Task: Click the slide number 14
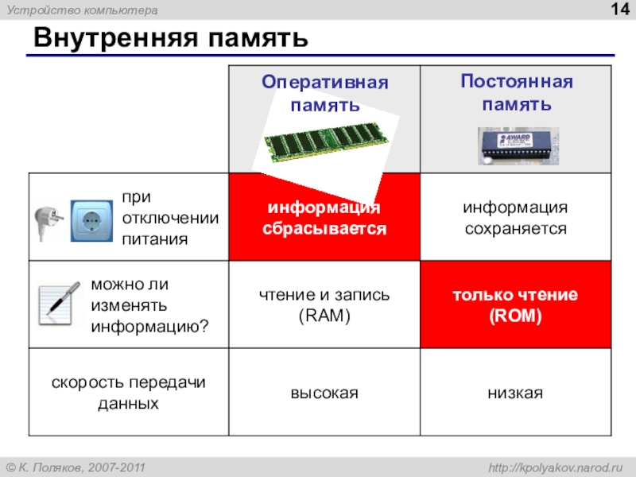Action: [x=620, y=9]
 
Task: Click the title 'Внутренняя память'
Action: [x=171, y=37]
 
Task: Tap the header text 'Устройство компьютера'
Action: [x=83, y=10]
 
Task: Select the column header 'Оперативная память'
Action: [x=325, y=93]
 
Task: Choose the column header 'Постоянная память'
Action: [x=516, y=92]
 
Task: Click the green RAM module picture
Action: [x=326, y=142]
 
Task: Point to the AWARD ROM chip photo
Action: [x=518, y=146]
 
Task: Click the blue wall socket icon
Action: [x=91, y=221]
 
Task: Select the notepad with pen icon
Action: [x=59, y=304]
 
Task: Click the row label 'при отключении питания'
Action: [x=170, y=218]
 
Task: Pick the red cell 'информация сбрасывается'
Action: [x=324, y=217]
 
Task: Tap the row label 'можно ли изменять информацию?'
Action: [x=149, y=305]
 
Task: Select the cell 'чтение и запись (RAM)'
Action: [x=324, y=305]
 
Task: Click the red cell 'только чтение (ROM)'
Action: [x=515, y=304]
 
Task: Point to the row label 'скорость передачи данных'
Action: [x=129, y=393]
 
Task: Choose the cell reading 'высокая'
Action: [x=324, y=393]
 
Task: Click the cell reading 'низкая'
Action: [x=515, y=393]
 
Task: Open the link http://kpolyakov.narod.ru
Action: [x=555, y=467]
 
